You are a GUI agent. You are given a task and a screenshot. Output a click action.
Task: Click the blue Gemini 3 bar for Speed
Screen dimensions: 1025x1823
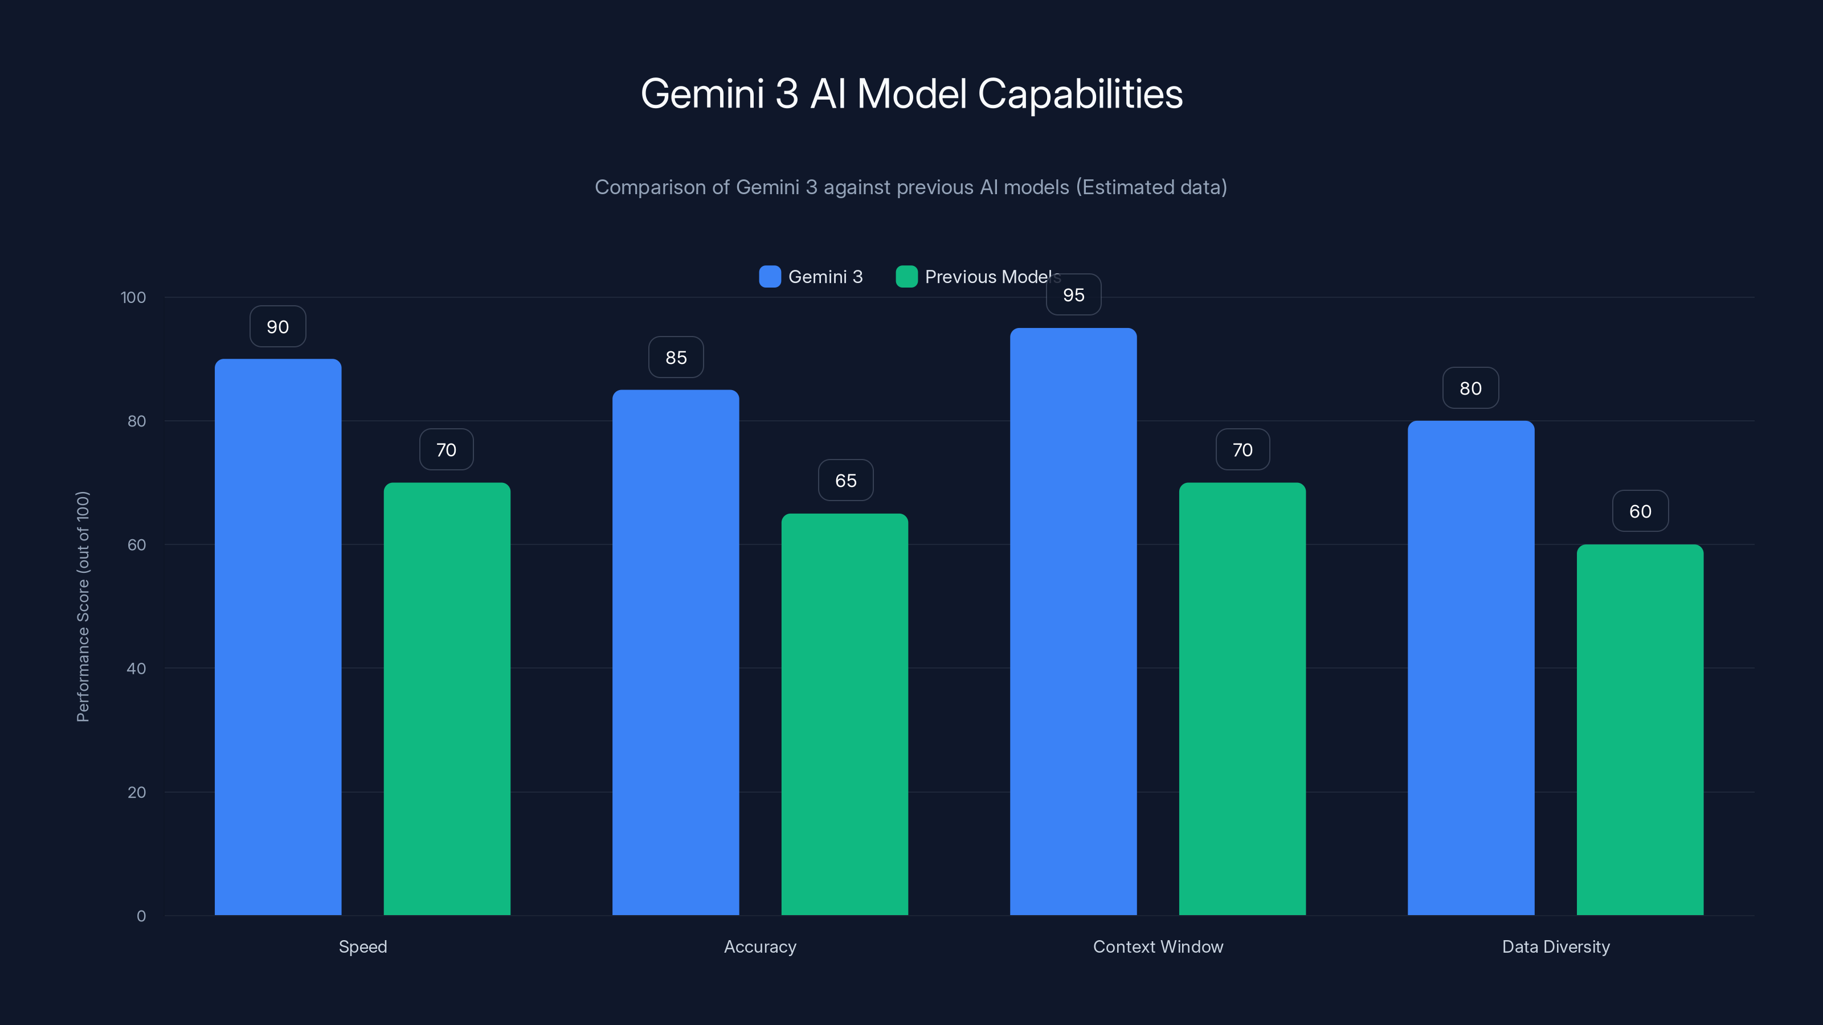(277, 637)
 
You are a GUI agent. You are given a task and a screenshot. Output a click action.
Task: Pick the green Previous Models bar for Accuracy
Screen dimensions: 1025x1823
(844, 715)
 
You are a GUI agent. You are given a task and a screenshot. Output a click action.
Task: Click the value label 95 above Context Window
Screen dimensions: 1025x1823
(1073, 295)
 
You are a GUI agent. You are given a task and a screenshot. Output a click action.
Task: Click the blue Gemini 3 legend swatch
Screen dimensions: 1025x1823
(770, 277)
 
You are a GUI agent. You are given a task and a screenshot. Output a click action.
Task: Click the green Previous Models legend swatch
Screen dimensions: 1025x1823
(906, 277)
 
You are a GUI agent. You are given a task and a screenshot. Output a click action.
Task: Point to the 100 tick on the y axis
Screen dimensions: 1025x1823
(133, 297)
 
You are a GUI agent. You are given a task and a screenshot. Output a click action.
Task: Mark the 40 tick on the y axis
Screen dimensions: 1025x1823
(136, 669)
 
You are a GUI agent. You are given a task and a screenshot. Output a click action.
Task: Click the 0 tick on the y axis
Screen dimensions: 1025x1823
(141, 916)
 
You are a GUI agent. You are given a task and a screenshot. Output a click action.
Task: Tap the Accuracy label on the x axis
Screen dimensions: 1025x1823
(760, 946)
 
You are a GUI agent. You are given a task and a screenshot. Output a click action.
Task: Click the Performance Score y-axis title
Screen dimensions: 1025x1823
(83, 606)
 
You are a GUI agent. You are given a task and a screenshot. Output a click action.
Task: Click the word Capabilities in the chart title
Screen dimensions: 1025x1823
(1080, 94)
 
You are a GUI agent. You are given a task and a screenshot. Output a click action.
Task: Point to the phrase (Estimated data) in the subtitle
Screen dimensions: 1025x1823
(1151, 187)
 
